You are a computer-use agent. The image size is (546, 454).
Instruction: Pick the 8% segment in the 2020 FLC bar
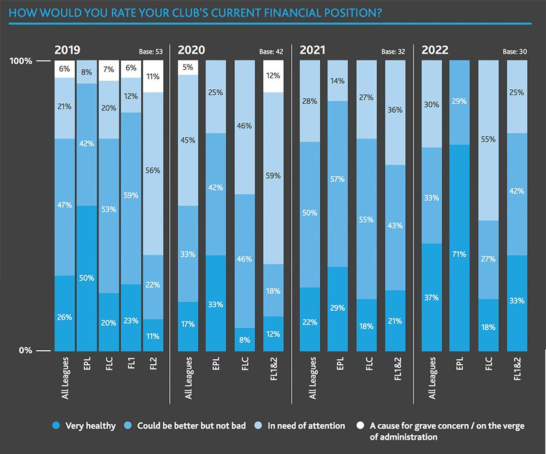tap(244, 339)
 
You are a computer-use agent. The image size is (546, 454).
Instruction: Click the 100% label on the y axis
tap(21, 61)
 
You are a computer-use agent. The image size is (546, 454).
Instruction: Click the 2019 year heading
tap(67, 50)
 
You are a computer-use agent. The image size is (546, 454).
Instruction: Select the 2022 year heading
tap(435, 50)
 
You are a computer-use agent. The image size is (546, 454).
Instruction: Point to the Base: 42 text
tap(271, 52)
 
